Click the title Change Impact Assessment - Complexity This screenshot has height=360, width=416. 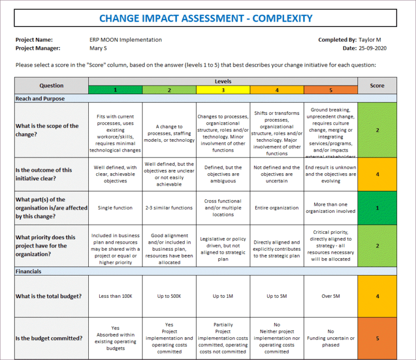click(206, 18)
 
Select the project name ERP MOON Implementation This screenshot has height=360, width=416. click(125, 40)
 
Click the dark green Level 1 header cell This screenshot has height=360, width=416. click(115, 90)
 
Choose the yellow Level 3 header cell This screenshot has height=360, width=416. click(223, 90)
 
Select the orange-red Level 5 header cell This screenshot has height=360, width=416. click(330, 90)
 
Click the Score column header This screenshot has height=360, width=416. click(377, 86)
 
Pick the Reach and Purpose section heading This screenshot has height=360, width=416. click(40, 99)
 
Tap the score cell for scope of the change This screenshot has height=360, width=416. click(377, 130)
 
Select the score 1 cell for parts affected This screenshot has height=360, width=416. click(377, 208)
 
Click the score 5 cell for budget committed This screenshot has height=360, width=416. click(377, 338)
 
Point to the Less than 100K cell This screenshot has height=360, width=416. click(115, 296)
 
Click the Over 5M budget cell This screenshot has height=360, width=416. click(330, 296)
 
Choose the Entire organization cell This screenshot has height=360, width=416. click(276, 208)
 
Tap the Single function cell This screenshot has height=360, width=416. click(115, 208)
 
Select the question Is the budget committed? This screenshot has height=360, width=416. click(49, 338)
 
